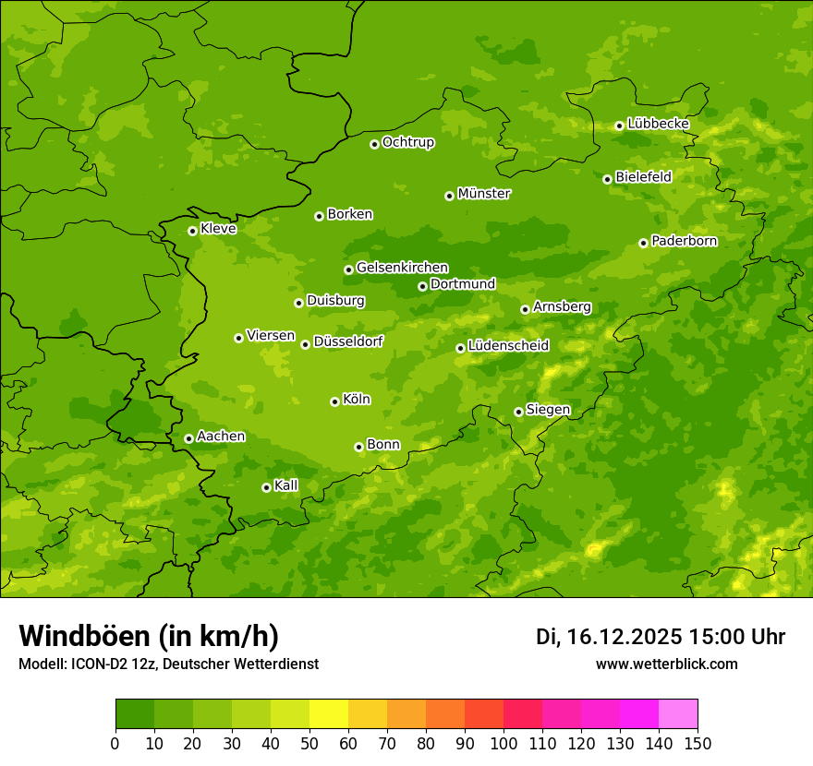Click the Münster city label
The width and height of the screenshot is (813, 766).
tap(483, 194)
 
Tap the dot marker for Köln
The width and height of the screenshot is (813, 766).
tap(334, 401)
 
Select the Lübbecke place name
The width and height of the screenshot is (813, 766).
tap(658, 124)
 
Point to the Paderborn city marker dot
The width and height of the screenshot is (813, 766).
tap(643, 243)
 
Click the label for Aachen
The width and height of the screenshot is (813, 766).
tap(221, 437)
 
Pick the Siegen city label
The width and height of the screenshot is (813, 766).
tap(548, 410)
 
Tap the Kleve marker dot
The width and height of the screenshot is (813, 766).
tap(192, 231)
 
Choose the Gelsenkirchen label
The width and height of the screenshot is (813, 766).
tap(402, 268)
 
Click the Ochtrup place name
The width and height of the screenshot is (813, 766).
tap(407, 142)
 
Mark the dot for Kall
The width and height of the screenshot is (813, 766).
tap(266, 487)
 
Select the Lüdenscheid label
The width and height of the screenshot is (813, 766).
tap(508, 346)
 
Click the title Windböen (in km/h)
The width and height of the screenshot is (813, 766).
tap(149, 636)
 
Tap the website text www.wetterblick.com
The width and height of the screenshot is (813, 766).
tap(666, 664)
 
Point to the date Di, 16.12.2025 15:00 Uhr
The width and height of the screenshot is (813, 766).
tap(661, 637)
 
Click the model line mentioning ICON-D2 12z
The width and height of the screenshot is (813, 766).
tap(168, 664)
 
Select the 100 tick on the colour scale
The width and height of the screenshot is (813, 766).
tap(504, 743)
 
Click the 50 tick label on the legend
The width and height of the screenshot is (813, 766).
tap(309, 743)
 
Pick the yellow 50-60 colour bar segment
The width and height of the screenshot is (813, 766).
tap(329, 714)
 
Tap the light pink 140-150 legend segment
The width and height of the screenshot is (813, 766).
tap(678, 714)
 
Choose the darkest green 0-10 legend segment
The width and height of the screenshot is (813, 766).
tap(135, 714)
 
